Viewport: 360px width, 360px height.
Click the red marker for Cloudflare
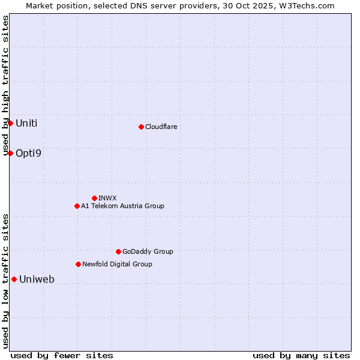(141, 127)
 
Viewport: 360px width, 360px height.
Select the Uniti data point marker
(10, 123)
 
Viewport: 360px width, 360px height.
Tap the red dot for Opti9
(10, 153)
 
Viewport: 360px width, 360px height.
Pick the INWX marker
(94, 198)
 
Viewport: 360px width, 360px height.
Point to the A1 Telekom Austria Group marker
(77, 206)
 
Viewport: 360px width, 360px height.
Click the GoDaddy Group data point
(118, 251)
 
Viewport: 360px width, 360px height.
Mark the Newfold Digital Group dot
(78, 264)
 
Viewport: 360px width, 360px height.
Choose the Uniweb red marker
(14, 279)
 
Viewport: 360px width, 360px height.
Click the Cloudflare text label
(161, 127)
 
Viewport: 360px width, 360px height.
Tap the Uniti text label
(26, 124)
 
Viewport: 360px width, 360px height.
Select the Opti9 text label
(28, 154)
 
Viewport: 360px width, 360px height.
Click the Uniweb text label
(37, 280)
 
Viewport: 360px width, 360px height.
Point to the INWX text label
(107, 198)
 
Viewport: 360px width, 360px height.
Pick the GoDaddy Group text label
(148, 251)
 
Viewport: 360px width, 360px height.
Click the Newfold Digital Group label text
(117, 264)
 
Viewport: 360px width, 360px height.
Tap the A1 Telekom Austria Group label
(122, 206)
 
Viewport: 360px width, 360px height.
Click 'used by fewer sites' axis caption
(62, 355)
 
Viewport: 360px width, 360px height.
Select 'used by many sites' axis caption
(301, 355)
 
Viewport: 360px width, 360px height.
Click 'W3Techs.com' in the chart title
(310, 5)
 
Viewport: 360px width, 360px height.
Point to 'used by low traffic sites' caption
(5, 280)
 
